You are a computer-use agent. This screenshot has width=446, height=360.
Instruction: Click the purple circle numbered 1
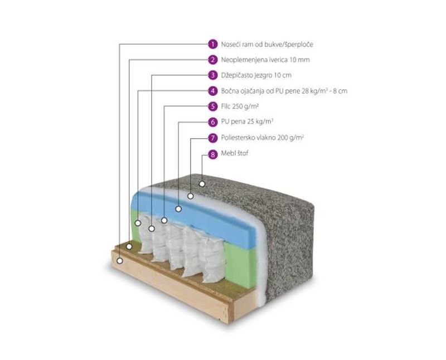tap(212, 43)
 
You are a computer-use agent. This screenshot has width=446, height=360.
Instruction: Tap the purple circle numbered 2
tap(212, 59)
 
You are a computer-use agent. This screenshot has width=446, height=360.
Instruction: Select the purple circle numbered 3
tap(212, 75)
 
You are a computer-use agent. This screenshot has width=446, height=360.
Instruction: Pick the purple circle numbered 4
tap(212, 90)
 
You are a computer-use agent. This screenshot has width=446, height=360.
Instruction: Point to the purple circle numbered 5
tap(212, 106)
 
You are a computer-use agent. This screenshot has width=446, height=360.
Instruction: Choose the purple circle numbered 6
tap(212, 121)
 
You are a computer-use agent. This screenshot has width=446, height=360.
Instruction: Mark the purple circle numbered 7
tap(212, 137)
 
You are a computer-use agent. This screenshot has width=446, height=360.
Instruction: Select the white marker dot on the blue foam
tap(178, 209)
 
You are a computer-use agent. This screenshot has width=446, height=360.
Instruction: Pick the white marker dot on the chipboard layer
tap(129, 246)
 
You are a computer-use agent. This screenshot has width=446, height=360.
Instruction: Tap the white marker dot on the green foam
tap(139, 223)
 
